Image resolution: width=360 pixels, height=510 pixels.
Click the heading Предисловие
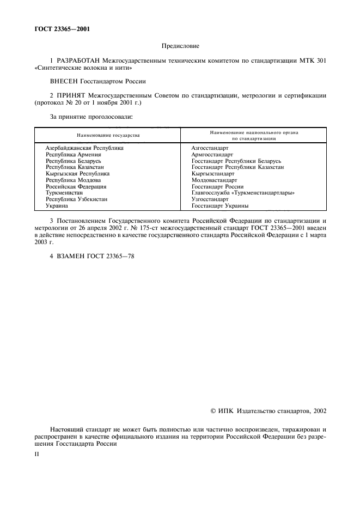tap(180, 47)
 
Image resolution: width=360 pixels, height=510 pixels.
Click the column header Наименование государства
tap(108, 135)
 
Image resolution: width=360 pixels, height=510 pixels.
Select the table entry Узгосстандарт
tap(210, 199)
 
